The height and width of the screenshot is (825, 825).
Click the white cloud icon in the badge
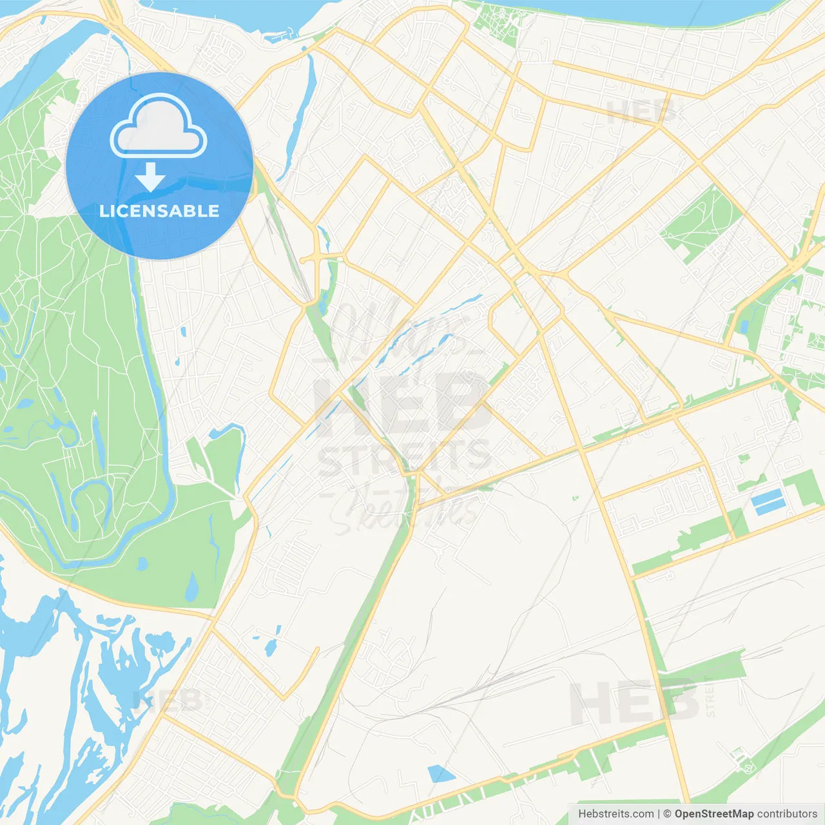(x=159, y=126)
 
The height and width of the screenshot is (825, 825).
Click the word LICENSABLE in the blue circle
(x=159, y=211)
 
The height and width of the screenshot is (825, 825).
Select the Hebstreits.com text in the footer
(x=616, y=814)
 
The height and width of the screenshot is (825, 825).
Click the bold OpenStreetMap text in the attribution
(x=713, y=814)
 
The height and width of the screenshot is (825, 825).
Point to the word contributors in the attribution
(x=787, y=814)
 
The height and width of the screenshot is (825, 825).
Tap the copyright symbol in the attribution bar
(x=667, y=814)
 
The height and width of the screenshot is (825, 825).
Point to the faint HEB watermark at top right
(x=641, y=112)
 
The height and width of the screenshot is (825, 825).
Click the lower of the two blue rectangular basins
(x=770, y=508)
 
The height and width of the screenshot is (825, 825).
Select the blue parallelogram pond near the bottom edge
(x=441, y=773)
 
